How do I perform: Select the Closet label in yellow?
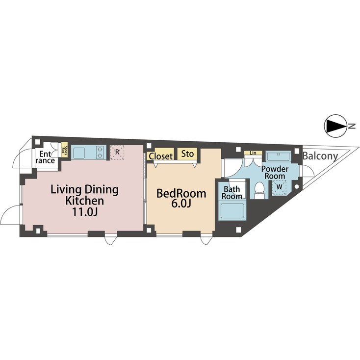(x=161, y=156)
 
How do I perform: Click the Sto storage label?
(x=187, y=154)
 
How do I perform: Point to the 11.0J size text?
(x=84, y=212)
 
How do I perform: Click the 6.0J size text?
(x=180, y=205)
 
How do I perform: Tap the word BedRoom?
(x=180, y=193)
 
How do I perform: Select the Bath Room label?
(x=232, y=192)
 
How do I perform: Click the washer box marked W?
(x=279, y=187)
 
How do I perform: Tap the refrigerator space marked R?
(x=117, y=152)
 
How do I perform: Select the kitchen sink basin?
(x=80, y=153)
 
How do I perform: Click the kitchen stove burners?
(x=100, y=153)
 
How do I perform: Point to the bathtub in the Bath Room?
(x=232, y=212)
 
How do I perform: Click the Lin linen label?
(x=253, y=153)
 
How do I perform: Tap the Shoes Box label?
(x=64, y=150)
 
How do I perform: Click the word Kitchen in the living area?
(x=84, y=201)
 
